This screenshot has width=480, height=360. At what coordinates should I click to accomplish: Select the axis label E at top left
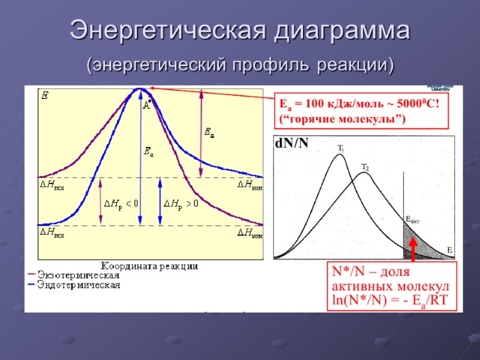[44, 95]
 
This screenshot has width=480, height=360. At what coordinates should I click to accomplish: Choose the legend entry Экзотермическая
[78, 275]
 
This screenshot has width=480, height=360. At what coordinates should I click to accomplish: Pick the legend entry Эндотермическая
[78, 285]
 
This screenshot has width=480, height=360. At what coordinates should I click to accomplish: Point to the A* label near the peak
[146, 106]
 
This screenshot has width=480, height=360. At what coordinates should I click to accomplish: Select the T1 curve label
[340, 148]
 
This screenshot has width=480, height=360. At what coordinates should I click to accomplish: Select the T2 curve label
[365, 167]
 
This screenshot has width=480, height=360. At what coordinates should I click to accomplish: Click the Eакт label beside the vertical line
[413, 220]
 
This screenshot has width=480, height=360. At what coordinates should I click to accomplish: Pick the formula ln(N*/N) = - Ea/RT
[389, 299]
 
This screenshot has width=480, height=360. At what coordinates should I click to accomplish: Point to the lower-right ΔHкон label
[250, 232]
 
